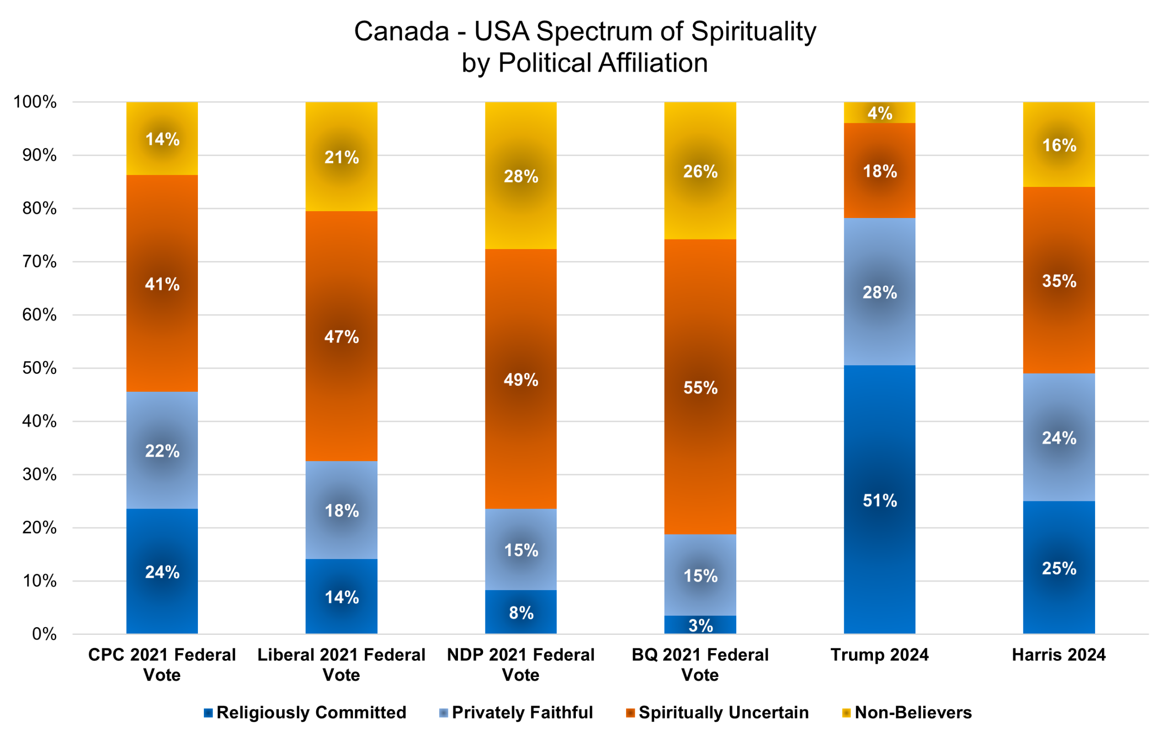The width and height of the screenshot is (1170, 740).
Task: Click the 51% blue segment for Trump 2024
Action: click(x=879, y=500)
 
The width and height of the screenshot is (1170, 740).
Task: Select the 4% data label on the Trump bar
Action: click(x=879, y=113)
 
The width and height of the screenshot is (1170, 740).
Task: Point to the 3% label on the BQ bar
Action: click(x=700, y=626)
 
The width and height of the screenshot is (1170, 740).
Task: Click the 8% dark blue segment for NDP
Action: click(x=521, y=612)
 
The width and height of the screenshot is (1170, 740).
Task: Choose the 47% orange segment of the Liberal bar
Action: click(x=341, y=336)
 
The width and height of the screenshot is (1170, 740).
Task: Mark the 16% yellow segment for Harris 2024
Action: click(x=1059, y=144)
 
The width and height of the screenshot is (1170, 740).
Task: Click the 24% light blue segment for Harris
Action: click(x=1059, y=437)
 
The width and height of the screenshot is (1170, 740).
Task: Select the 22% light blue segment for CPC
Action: click(x=162, y=450)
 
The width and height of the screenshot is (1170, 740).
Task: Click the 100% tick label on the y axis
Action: click(x=35, y=102)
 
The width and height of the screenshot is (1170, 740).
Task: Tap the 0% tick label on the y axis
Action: click(x=44, y=634)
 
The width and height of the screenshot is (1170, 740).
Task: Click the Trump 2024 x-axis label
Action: click(x=879, y=655)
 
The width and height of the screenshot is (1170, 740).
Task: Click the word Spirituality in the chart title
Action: click(x=753, y=32)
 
